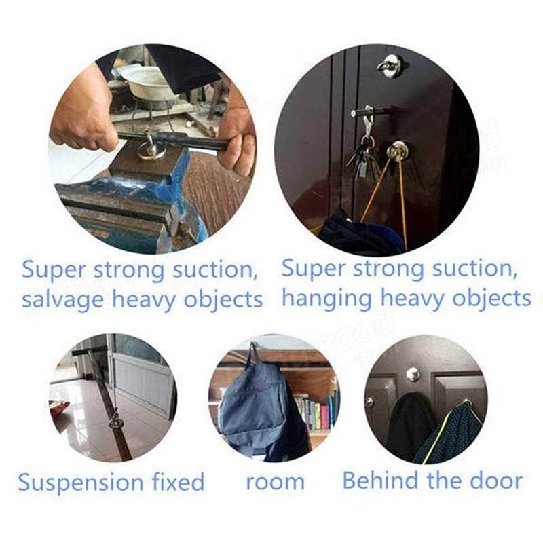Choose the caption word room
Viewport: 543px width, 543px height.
tap(275, 483)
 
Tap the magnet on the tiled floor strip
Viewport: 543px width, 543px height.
tap(116, 422)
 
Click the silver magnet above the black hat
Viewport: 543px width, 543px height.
tap(412, 374)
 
